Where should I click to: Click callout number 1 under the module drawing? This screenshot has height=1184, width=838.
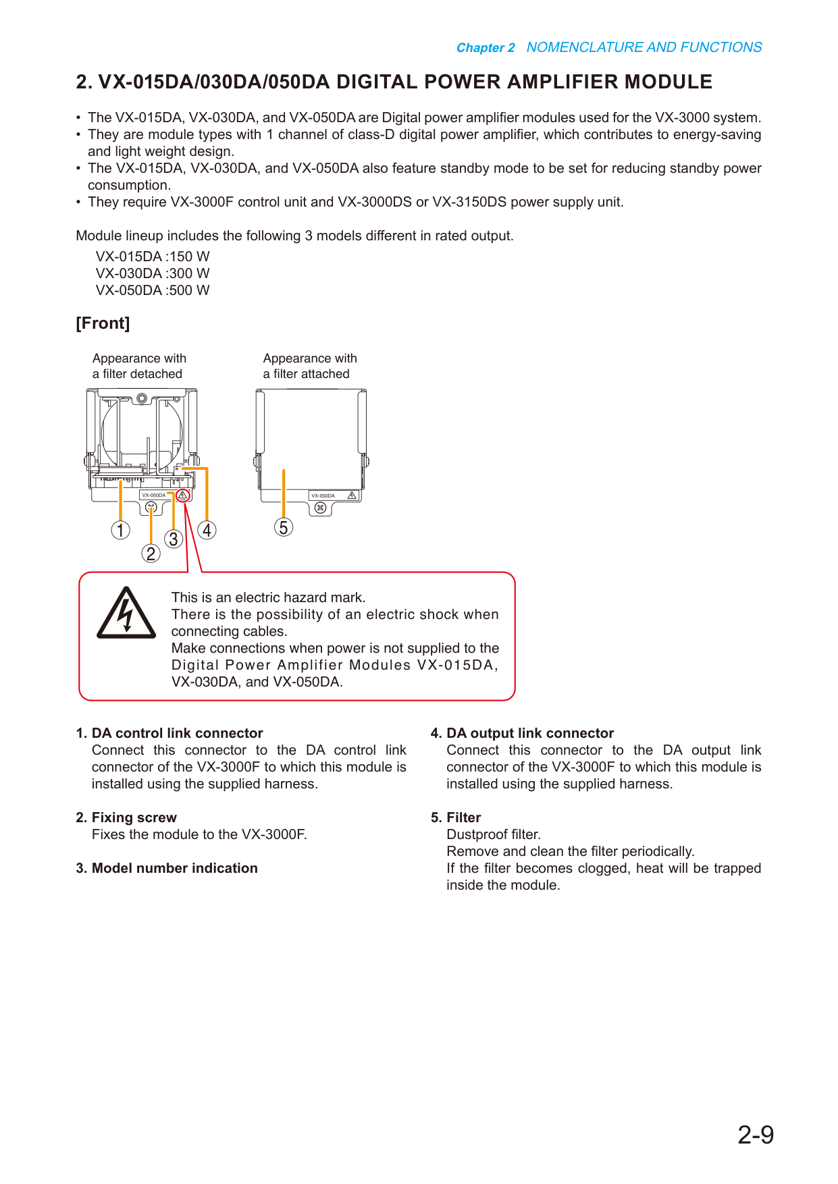pos(120,530)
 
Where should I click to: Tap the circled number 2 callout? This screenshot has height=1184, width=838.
pos(151,554)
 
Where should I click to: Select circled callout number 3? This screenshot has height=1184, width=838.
pos(174,539)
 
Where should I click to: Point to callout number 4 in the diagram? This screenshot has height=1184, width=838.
pos(207,530)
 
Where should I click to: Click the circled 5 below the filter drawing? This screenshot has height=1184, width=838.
pos(284,527)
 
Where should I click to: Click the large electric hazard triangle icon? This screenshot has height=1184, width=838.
pos(126,613)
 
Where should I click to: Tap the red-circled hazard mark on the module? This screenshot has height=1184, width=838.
pos(182,495)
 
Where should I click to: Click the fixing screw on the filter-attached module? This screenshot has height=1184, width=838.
pos(321,508)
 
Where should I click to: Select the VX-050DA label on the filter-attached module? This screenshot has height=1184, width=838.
pos(323,495)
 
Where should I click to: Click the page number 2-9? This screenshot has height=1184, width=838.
pos(756,1135)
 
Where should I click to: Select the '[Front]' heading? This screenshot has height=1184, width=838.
pos(103,323)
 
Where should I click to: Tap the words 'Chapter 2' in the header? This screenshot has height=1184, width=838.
pos(486,48)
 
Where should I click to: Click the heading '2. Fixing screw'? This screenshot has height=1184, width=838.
pos(126,817)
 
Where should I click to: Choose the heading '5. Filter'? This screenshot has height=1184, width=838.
pos(456,817)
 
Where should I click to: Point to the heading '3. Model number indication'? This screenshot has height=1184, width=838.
pos(167,868)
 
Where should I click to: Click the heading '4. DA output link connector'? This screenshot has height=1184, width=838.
pos(522,733)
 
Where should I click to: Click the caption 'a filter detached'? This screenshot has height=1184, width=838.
pos(137,374)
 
